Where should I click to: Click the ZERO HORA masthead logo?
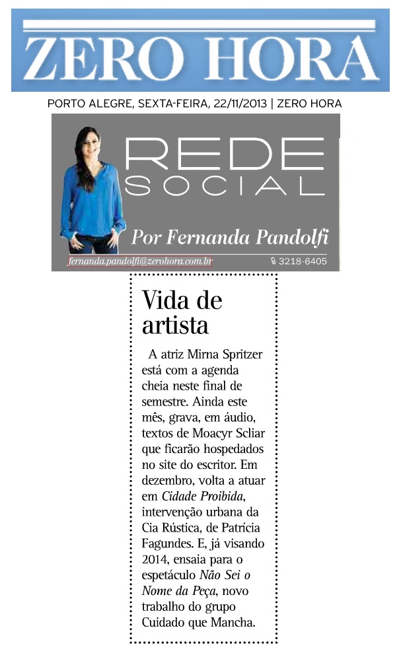200,52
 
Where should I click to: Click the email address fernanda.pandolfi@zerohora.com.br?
140,261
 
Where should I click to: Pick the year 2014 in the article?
156,558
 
